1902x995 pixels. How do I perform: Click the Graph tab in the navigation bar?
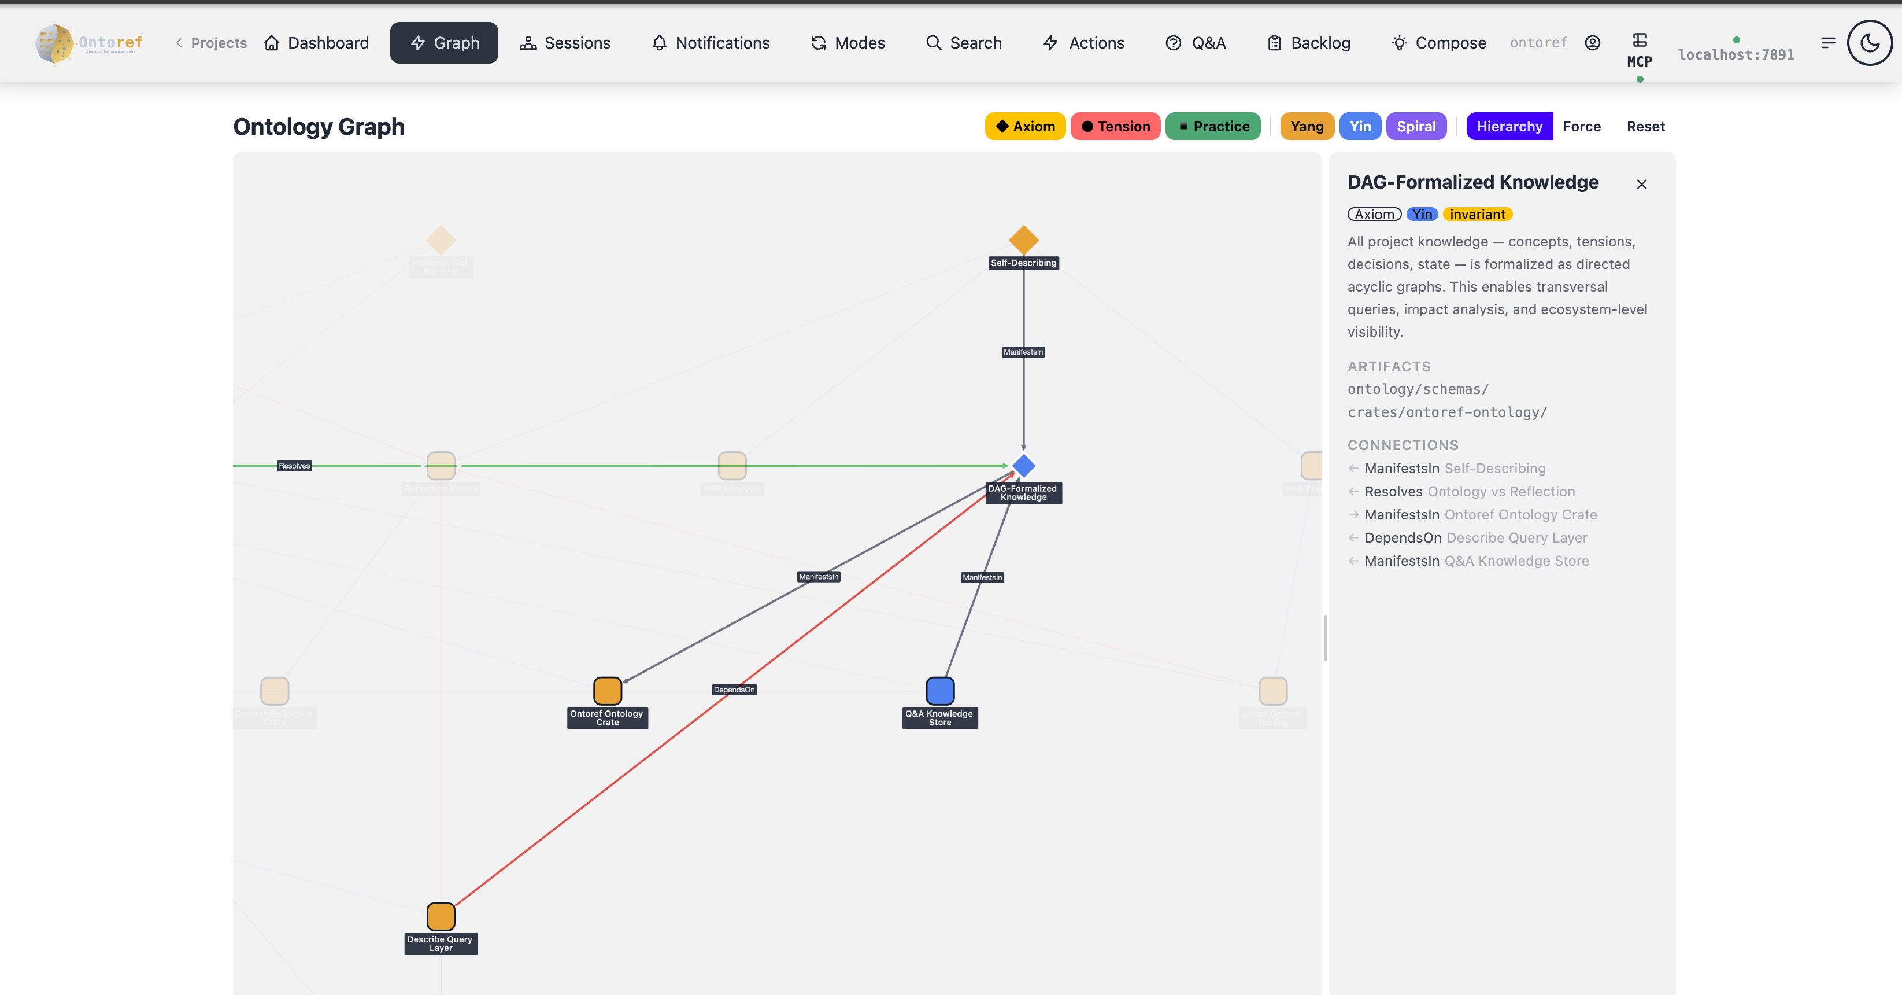pos(444,43)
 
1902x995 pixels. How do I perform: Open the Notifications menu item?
pos(711,43)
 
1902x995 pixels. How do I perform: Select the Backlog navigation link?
pos(1309,43)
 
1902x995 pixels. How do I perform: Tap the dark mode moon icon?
pos(1869,43)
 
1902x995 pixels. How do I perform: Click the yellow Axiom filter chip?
pos(1025,126)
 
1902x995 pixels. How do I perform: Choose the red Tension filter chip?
pos(1115,126)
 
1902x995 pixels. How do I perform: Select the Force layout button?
pos(1582,126)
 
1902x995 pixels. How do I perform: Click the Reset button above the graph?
pos(1645,126)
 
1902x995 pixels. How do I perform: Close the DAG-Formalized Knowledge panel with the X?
pos(1641,184)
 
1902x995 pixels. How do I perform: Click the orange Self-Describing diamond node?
pos(1023,240)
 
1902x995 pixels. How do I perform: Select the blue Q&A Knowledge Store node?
pos(940,691)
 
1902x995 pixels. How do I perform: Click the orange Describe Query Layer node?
pos(441,916)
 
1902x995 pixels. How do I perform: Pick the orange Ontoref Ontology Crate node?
pos(608,691)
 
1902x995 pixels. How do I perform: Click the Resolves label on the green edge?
pos(294,465)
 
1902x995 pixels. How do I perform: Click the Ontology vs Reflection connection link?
pos(1500,491)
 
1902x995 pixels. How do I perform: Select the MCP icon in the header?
pos(1639,50)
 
